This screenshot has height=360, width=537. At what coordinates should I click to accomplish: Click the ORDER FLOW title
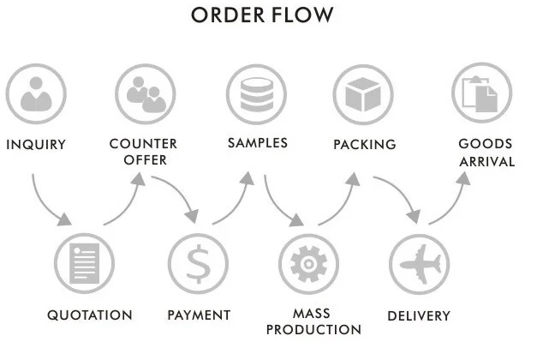click(262, 16)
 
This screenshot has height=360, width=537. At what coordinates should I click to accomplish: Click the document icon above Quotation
click(84, 264)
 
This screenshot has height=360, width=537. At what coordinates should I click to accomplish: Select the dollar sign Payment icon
click(199, 264)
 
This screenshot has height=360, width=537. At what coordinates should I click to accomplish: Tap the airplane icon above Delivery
click(419, 264)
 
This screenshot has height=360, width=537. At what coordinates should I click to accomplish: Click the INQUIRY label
click(36, 145)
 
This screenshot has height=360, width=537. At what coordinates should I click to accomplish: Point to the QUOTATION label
click(90, 315)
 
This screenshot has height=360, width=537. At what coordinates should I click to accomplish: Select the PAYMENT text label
click(199, 315)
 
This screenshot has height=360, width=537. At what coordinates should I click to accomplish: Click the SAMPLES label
click(257, 143)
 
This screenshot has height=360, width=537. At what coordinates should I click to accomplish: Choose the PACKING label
click(365, 145)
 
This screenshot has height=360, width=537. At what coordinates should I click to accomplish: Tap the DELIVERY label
click(419, 316)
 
